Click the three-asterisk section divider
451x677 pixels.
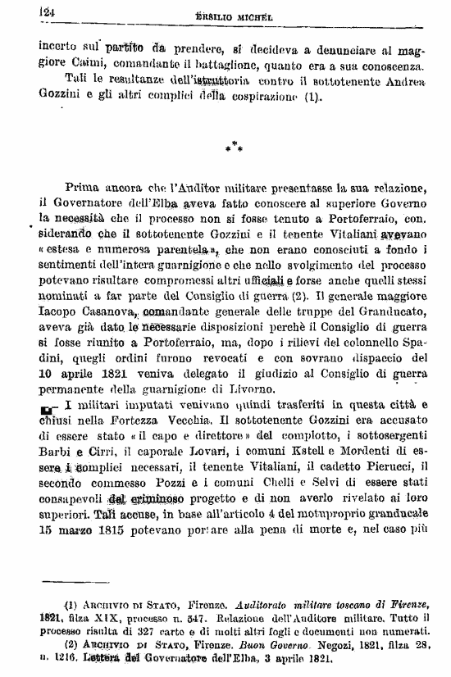click(x=235, y=148)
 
